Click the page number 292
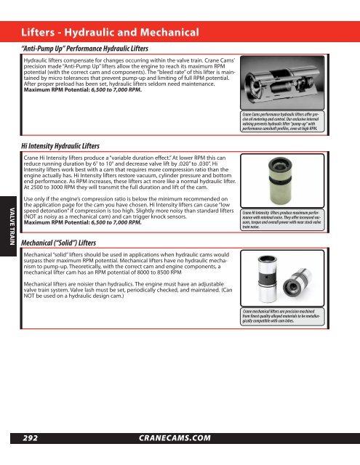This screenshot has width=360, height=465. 31,438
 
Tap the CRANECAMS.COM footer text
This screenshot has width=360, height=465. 175,438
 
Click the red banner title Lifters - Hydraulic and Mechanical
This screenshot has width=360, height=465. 110,32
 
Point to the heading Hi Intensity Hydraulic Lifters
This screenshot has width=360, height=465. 60,146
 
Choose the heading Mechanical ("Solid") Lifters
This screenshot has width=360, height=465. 58,243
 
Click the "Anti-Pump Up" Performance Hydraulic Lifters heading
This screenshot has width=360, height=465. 84,49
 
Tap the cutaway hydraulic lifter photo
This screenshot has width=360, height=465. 282,82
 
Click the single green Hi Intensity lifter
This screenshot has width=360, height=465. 279,181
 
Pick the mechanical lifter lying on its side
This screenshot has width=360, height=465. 297,282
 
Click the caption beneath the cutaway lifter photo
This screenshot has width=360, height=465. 281,121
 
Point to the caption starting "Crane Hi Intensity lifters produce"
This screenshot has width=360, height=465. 281,219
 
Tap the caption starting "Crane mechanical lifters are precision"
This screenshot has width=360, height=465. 281,316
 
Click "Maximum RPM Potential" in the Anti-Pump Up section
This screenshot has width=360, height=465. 57,90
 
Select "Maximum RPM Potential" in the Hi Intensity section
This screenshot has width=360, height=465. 57,222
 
